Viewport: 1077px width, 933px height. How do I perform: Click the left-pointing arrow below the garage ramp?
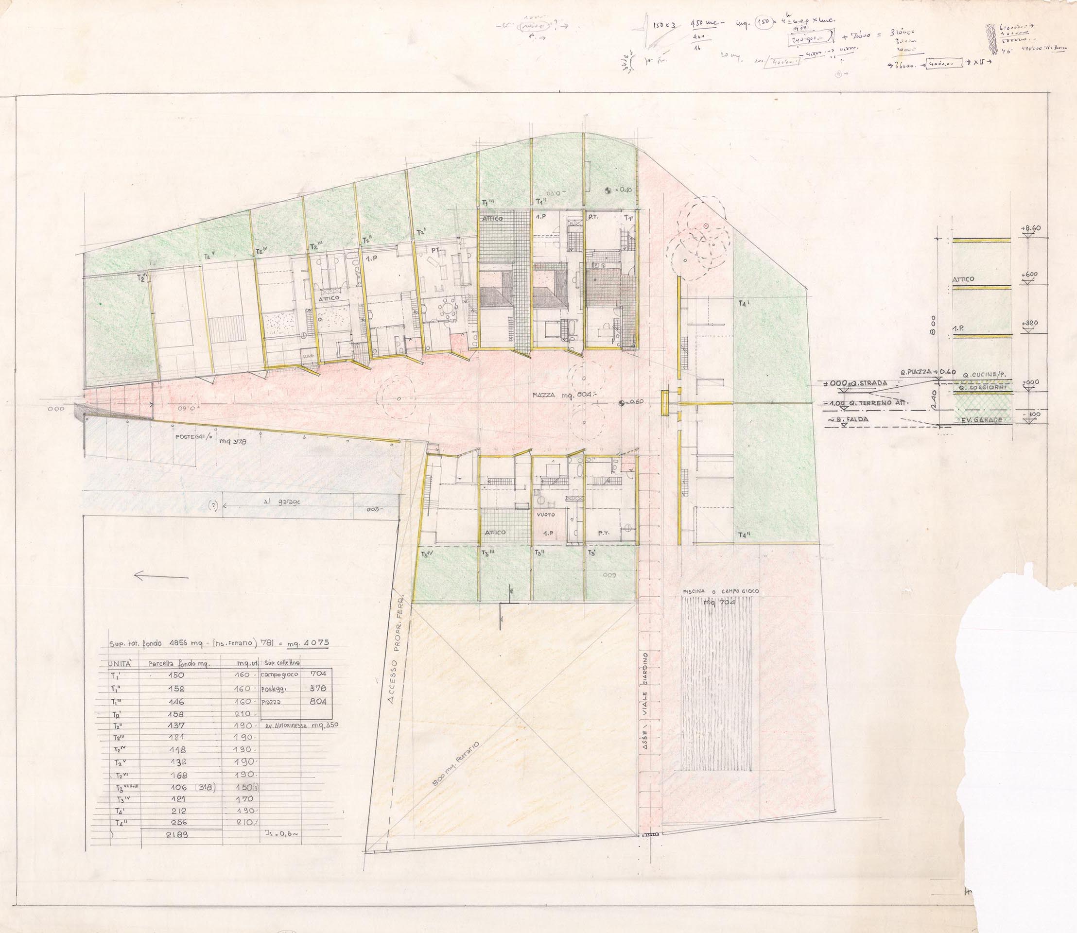pyautogui.click(x=161, y=576)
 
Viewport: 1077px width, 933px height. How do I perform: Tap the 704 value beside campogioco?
pyautogui.click(x=318, y=673)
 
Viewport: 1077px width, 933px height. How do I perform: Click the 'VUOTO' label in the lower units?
pyautogui.click(x=546, y=515)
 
